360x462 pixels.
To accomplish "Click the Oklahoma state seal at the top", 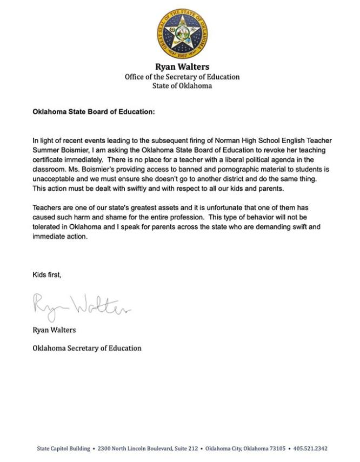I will click(182, 34).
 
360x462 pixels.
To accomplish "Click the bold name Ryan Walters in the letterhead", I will click(182, 67).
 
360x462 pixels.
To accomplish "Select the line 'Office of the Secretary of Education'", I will click(182, 77).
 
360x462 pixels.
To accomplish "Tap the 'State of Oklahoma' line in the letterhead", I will click(182, 86).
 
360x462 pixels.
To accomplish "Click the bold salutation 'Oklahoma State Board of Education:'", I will click(94, 112).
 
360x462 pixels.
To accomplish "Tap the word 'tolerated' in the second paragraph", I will click(46, 227).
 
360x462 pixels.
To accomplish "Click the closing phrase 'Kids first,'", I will click(47, 275).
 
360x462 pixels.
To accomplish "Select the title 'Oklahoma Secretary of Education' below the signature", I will click(87, 348).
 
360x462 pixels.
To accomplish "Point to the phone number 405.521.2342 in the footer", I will click(310, 448).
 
